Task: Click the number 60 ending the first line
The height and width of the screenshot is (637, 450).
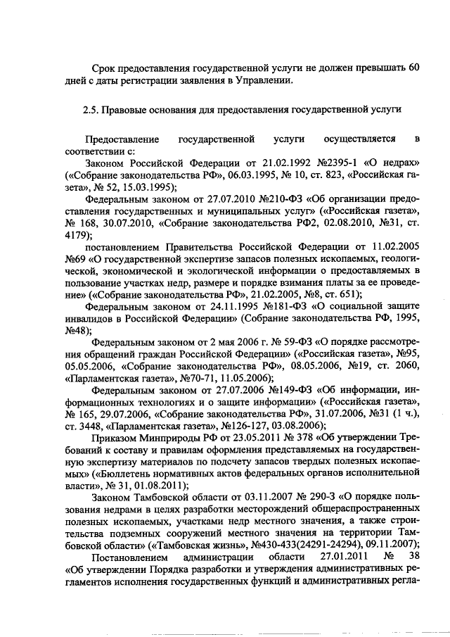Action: click(415, 68)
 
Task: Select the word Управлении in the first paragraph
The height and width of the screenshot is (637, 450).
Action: click(263, 81)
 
